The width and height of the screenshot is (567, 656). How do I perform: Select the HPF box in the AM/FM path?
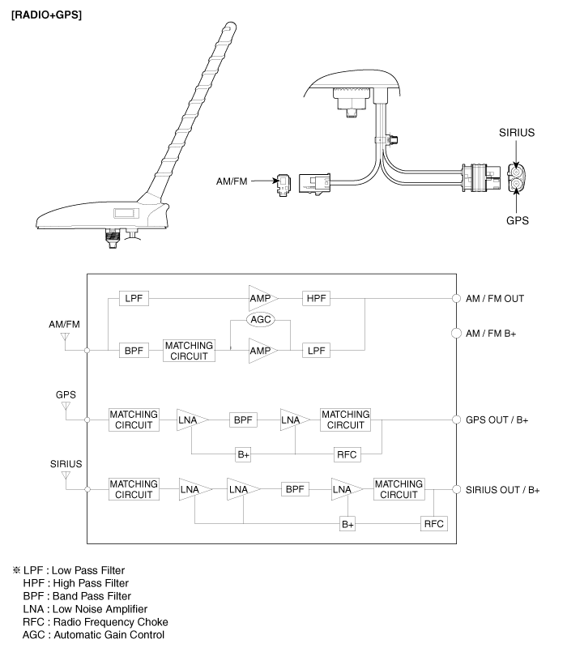[x=313, y=298]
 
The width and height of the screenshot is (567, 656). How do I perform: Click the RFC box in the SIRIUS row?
[x=433, y=524]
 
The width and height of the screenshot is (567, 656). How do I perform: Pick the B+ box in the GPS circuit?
[x=243, y=455]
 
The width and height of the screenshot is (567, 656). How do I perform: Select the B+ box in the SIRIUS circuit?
[x=347, y=524]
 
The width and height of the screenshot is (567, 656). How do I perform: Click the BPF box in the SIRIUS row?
[x=295, y=489]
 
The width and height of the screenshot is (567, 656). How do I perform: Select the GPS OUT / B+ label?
[x=497, y=421]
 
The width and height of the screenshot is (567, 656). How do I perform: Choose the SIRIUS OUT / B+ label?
[x=502, y=490]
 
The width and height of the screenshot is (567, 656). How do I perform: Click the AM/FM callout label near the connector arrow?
[x=231, y=181]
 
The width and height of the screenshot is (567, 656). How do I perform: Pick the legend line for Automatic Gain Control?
[x=95, y=634]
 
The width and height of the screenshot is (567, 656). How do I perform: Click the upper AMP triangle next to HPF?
[x=262, y=298]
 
